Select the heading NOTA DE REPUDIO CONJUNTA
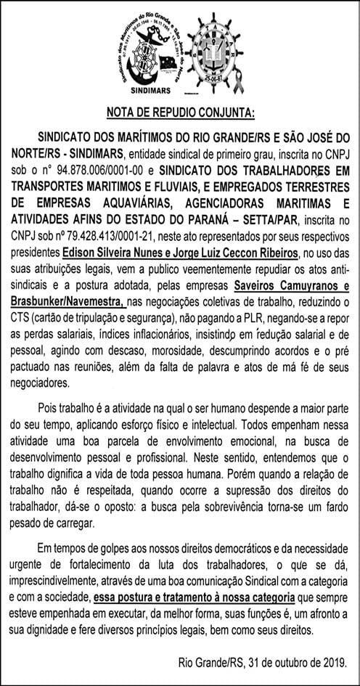point(180,113)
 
